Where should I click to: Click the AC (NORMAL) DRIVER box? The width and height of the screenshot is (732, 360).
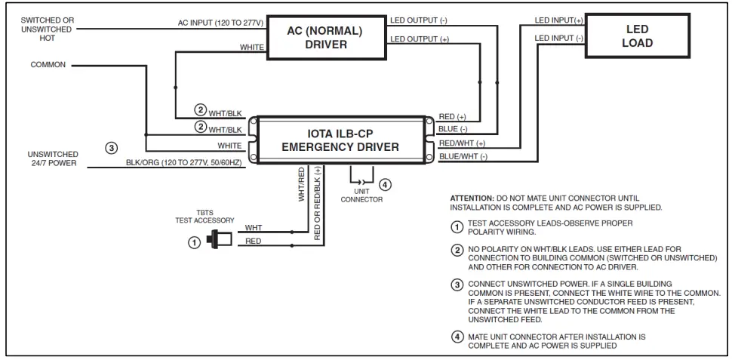326,38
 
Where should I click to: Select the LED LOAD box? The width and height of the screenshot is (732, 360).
638,36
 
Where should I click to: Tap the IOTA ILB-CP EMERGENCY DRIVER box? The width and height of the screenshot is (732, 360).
340,140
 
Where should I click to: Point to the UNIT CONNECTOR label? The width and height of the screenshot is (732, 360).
361,195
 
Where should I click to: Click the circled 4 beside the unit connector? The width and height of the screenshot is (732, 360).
385,185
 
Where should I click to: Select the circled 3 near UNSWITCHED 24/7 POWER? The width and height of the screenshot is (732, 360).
111,148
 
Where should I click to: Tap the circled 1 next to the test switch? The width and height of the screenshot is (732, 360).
194,242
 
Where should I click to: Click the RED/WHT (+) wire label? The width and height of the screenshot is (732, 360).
462,143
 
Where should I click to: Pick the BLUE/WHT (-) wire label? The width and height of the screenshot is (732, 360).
463,157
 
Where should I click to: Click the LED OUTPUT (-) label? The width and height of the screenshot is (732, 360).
419,20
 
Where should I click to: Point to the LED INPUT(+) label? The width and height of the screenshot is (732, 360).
558,20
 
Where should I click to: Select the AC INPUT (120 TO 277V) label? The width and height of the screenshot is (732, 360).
221,23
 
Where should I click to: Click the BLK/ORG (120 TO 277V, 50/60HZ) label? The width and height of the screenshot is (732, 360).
186,162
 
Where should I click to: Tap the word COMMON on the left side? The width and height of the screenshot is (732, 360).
48,65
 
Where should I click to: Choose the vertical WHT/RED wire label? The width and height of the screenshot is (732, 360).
301,184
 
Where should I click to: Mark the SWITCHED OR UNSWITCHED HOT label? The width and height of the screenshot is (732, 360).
47,29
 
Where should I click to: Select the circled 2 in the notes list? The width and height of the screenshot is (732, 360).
457,251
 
